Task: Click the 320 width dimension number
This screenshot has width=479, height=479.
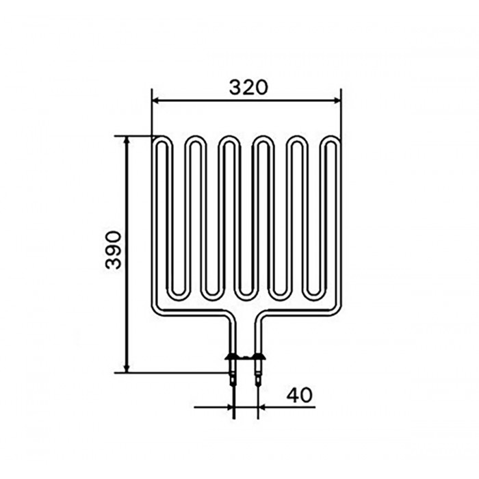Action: pos(248,88)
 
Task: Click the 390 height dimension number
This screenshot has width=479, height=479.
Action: pos(113,250)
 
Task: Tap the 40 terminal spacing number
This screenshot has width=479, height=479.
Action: pos(300,395)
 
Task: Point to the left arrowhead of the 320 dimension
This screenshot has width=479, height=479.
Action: pos(155,100)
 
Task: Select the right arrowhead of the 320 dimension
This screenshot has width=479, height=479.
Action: pos(337,100)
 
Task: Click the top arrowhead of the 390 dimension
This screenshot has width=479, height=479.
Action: pos(127,140)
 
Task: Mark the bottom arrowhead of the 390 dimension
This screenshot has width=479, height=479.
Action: pos(127,369)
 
